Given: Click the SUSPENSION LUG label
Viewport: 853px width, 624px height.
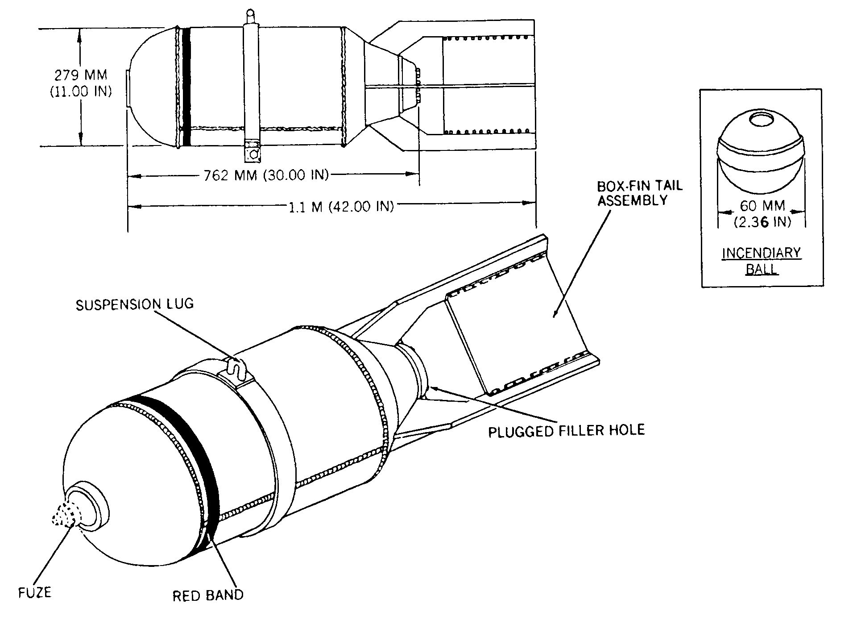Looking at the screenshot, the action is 135,304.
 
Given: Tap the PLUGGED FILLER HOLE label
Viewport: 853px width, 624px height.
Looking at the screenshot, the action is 566,431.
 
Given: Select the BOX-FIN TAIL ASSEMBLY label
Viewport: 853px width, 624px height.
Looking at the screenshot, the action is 640,193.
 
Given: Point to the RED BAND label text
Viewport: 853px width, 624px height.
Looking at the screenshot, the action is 208,595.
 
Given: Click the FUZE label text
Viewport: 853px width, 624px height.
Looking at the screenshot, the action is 35,593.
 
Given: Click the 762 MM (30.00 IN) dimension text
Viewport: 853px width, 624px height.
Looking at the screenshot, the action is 266,175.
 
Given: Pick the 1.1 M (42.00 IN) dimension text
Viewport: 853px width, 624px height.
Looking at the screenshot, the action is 341,207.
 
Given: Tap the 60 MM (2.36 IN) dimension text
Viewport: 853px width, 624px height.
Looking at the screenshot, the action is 762,213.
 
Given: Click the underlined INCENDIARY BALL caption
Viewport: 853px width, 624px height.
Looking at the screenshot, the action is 762,261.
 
